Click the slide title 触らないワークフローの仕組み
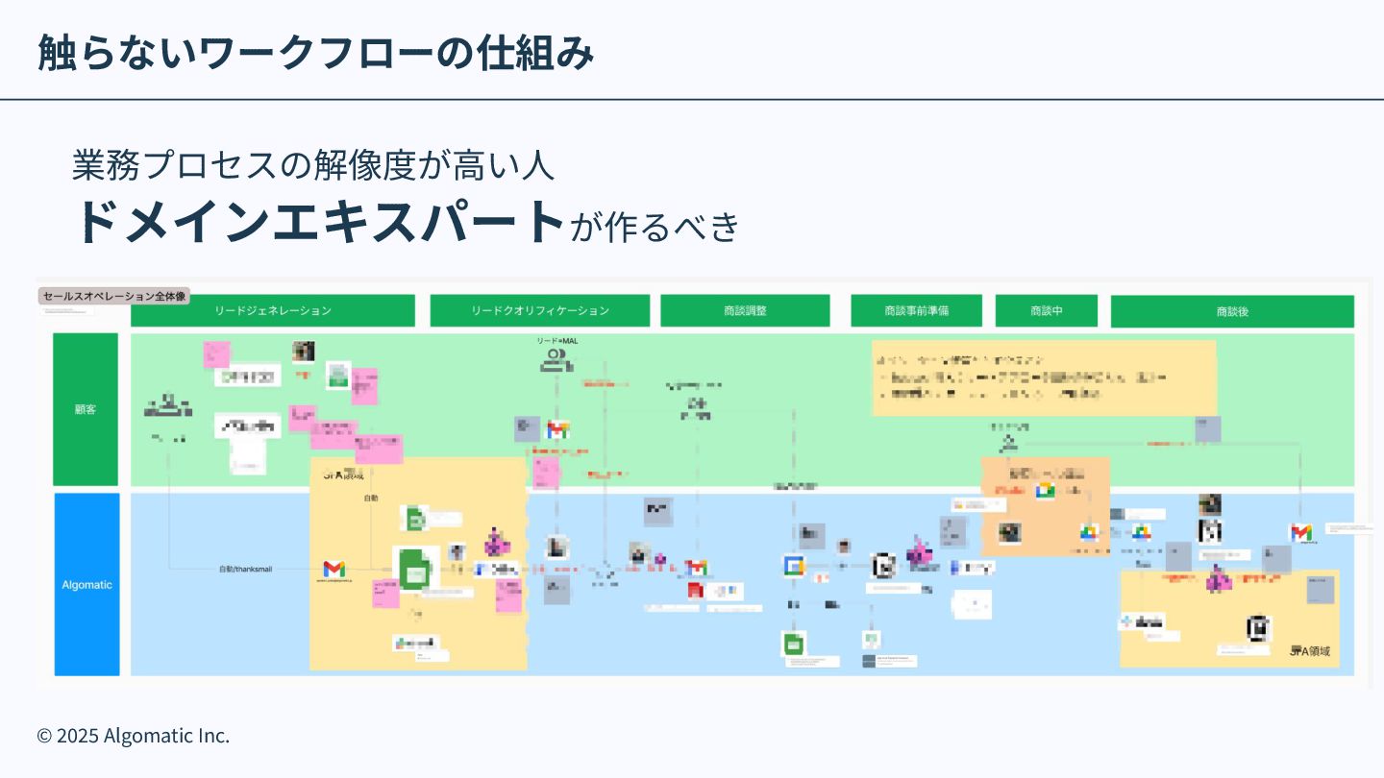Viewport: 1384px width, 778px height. click(315, 53)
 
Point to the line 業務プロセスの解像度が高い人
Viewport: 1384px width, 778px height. click(313, 165)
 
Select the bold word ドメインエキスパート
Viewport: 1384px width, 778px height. click(319, 221)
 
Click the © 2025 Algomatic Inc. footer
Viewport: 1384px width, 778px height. click(134, 736)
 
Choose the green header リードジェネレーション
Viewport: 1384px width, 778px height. click(273, 311)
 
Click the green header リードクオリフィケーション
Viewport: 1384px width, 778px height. click(540, 311)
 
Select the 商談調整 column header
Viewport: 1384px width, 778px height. click(745, 311)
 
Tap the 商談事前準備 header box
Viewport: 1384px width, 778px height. click(917, 311)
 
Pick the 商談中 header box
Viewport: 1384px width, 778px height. click(1047, 311)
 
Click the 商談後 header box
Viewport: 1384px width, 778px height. click(1232, 311)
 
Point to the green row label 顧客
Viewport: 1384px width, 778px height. click(86, 409)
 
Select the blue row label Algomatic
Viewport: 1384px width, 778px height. click(86, 584)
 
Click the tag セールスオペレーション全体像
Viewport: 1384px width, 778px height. click(114, 297)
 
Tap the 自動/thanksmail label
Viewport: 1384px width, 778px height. click(245, 570)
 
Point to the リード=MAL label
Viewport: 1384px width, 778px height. click(557, 341)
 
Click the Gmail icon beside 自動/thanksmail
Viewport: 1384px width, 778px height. click(334, 569)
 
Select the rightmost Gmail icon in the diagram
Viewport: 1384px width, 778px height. click(1300, 532)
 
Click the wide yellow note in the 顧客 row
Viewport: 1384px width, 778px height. click(1044, 377)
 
